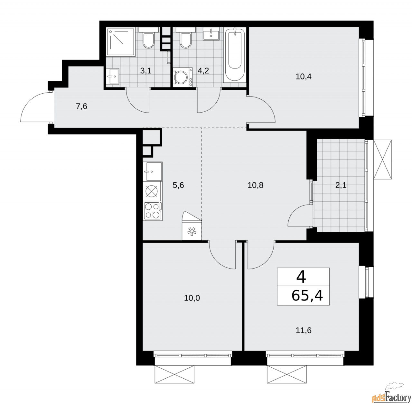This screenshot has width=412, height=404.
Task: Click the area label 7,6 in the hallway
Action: coord(81,107)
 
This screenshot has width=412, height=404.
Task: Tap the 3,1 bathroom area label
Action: coord(146,71)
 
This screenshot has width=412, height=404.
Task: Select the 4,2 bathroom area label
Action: coord(204,71)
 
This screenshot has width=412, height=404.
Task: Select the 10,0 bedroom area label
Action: coord(192,298)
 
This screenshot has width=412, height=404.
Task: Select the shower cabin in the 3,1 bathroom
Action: coord(121,42)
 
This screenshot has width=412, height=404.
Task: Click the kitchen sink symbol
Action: coord(153,171)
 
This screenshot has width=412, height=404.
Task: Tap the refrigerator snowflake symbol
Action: coord(192,232)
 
